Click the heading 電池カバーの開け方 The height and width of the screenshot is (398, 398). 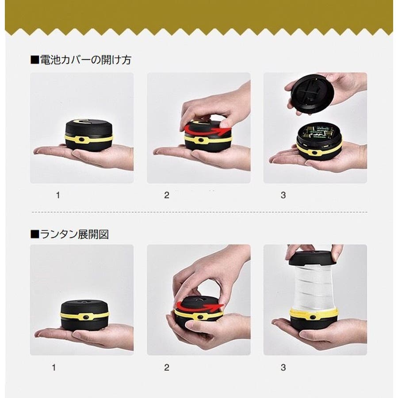[85, 60]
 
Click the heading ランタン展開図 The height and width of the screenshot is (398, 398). [74, 234]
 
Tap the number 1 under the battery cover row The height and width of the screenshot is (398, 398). [58, 195]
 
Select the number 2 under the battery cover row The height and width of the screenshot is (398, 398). [167, 195]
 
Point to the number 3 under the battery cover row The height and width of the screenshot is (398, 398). [283, 195]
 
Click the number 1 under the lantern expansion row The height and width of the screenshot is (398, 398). [54, 367]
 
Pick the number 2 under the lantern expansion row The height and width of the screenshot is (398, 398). [167, 367]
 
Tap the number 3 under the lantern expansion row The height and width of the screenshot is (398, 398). [283, 367]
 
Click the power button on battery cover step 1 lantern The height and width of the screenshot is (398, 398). [82, 139]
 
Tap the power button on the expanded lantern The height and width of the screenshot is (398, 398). [312, 317]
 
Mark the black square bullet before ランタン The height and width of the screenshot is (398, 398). [35, 234]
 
